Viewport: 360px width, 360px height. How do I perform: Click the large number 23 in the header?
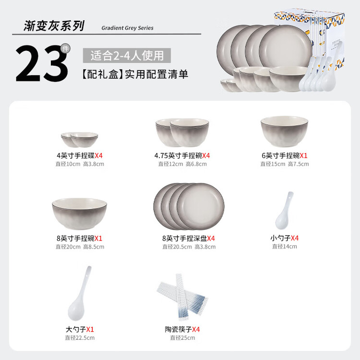pyautogui.click(x=42, y=63)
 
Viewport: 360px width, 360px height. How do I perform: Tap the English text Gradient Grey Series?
pyautogui.click(x=127, y=28)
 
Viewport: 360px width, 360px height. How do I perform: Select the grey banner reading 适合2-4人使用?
pyautogui.click(x=127, y=56)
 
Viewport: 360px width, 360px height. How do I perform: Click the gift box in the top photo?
pyautogui.click(x=310, y=37)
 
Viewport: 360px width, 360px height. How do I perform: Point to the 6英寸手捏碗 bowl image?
pyautogui.click(x=284, y=132)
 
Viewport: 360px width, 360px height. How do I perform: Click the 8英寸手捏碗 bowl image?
pyautogui.click(x=79, y=214)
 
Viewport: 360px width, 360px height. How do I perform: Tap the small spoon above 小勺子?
pyautogui.click(x=285, y=211)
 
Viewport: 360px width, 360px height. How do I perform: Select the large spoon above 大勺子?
pyautogui.click(x=79, y=293)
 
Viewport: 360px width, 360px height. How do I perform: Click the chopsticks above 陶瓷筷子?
pyautogui.click(x=182, y=297)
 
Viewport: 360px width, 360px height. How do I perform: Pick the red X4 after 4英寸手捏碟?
pyautogui.click(x=98, y=156)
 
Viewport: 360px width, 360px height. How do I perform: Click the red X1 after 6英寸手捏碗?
pyautogui.click(x=303, y=156)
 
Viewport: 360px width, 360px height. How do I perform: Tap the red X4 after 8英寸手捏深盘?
pyautogui.click(x=211, y=239)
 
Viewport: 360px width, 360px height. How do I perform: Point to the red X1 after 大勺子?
pyautogui.click(x=90, y=330)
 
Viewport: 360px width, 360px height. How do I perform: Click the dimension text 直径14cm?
pyautogui.click(x=285, y=247)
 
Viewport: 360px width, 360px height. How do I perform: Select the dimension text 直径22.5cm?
pyautogui.click(x=80, y=338)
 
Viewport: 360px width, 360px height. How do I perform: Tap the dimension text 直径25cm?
pyautogui.click(x=182, y=338)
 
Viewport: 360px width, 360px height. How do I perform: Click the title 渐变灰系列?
pyautogui.click(x=54, y=26)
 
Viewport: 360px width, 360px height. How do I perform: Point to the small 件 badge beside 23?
pyautogui.click(x=65, y=48)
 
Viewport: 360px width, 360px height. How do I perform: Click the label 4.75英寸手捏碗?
pyautogui.click(x=178, y=156)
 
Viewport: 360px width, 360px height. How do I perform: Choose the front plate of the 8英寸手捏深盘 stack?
pyautogui.click(x=201, y=206)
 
